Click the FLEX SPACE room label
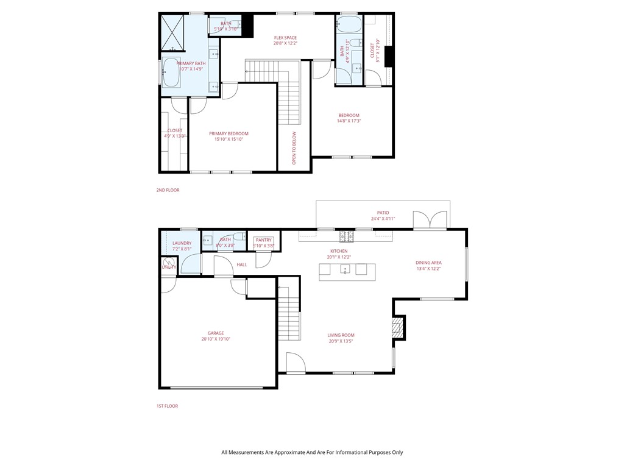[x=285, y=38]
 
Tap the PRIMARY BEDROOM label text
[x=229, y=133]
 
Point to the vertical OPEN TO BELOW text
[x=294, y=148]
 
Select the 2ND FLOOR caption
[x=168, y=190]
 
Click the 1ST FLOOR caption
[x=167, y=406]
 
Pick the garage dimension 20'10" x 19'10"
[x=216, y=339]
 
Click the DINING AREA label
[x=428, y=263]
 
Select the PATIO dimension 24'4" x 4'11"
[x=383, y=218]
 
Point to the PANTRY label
[x=264, y=240]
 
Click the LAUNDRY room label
[x=182, y=243]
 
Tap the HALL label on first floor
[x=242, y=264]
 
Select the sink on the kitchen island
[x=345, y=269]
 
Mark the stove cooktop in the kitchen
[x=346, y=235]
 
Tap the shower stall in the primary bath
[x=172, y=32]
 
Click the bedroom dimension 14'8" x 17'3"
[x=349, y=121]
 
